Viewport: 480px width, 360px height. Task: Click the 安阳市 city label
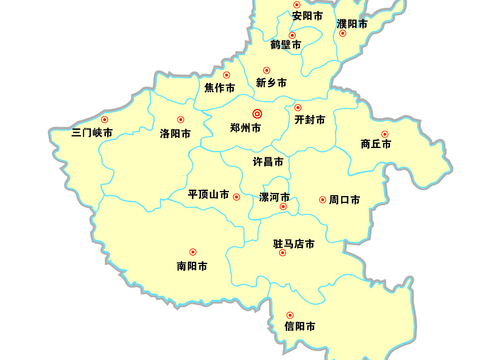coord(307,17)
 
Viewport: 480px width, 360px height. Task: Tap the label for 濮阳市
coord(352,22)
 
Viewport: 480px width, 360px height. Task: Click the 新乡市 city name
coord(271,83)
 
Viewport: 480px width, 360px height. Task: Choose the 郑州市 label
coord(245,128)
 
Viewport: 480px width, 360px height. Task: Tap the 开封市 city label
coord(309,120)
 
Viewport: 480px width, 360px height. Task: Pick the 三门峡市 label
coord(93,133)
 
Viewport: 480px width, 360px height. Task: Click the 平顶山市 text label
coord(208,194)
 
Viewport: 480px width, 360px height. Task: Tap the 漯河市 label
coord(274,197)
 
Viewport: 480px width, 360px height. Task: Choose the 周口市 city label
coord(344,200)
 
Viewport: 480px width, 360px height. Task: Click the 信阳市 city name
coord(300,326)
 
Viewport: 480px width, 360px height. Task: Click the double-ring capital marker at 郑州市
coord(256,114)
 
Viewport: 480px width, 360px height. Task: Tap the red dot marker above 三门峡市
coord(105,120)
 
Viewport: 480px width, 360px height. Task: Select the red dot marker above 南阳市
coord(192,252)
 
